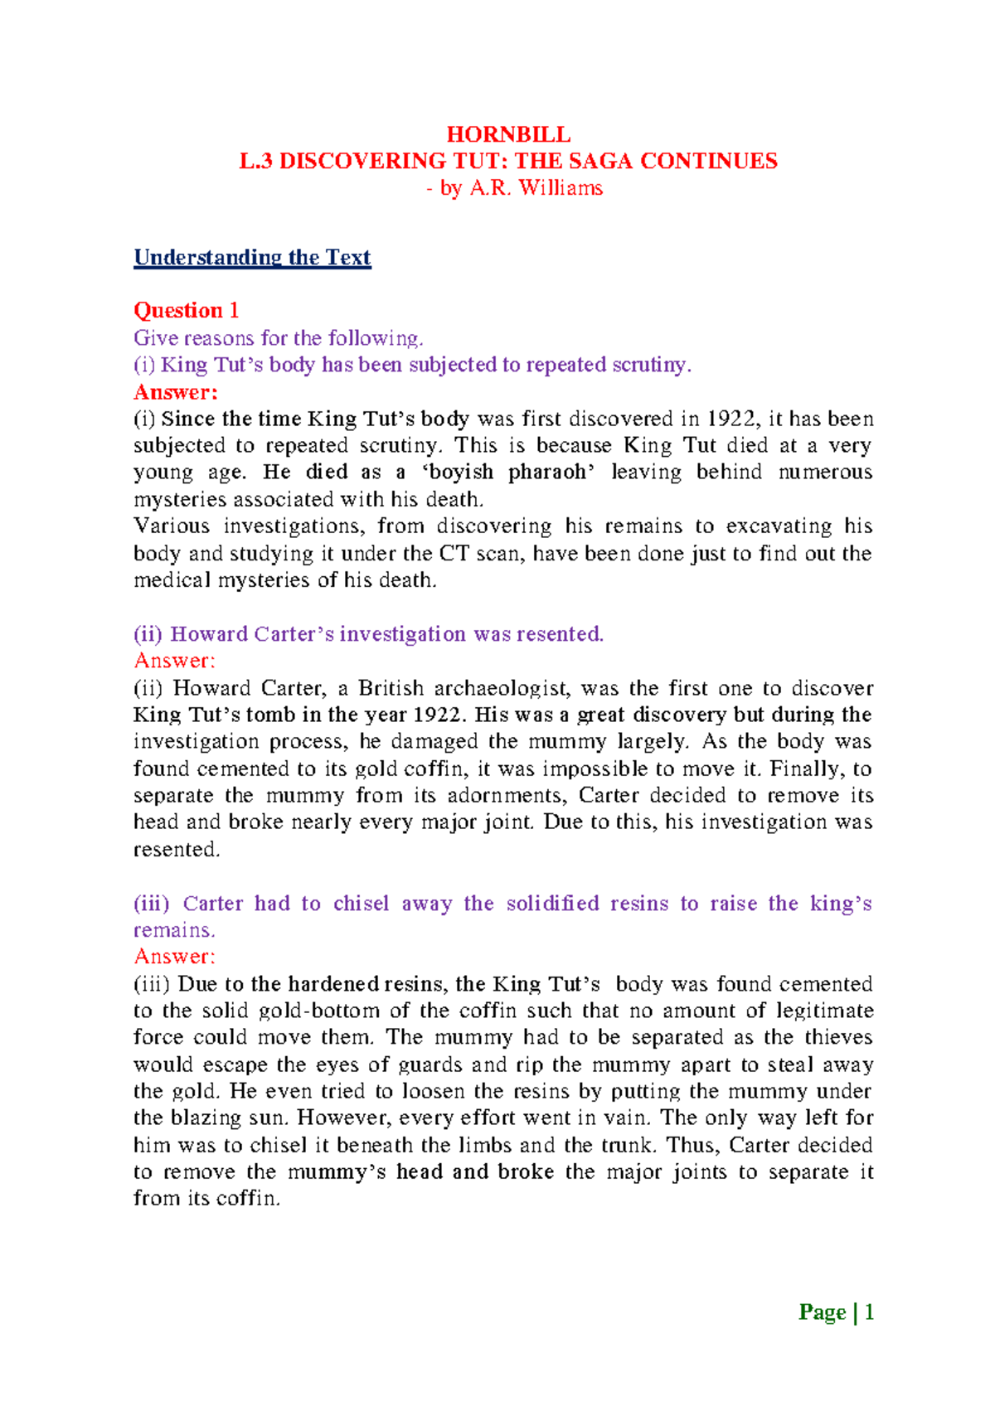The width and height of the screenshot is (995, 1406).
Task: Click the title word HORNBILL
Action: pyautogui.click(x=508, y=134)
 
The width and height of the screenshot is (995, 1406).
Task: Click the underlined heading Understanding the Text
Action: pyautogui.click(x=252, y=258)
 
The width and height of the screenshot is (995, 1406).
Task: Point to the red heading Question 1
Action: pyautogui.click(x=187, y=311)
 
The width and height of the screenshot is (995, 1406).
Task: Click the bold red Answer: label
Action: pyautogui.click(x=175, y=391)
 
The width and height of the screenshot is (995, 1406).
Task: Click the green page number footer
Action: pyautogui.click(x=836, y=1312)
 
